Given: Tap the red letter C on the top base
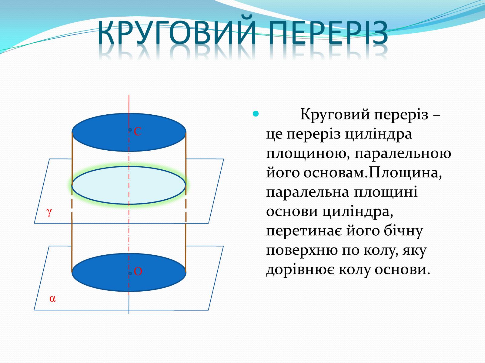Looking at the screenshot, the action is click(x=138, y=132).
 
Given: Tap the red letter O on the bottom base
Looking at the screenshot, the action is click(x=138, y=271).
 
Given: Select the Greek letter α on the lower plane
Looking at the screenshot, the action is click(x=52, y=299).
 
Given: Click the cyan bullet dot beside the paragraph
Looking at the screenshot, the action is click(x=256, y=114).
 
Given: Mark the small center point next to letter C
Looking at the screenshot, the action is click(x=130, y=130).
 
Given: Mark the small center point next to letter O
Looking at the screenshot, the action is click(x=130, y=273).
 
